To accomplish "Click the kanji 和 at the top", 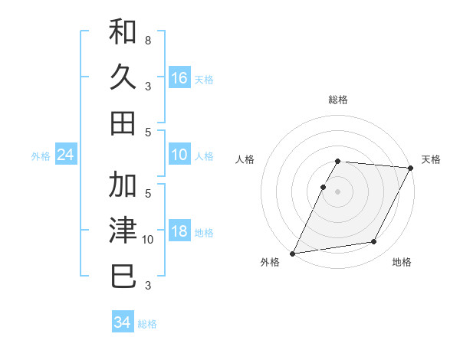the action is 123,33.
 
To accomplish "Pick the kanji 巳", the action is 123,276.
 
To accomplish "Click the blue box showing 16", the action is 179,78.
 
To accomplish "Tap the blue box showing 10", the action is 179,155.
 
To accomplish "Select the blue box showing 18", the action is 179,232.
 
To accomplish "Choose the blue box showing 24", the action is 65,155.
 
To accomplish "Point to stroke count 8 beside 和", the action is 147,40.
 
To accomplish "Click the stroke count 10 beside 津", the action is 149,240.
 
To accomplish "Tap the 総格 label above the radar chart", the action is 337,100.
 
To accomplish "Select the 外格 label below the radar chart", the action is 270,263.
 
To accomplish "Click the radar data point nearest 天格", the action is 411,168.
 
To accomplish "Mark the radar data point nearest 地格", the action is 374,242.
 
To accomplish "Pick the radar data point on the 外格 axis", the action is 292,254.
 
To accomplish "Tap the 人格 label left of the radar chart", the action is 246,159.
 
